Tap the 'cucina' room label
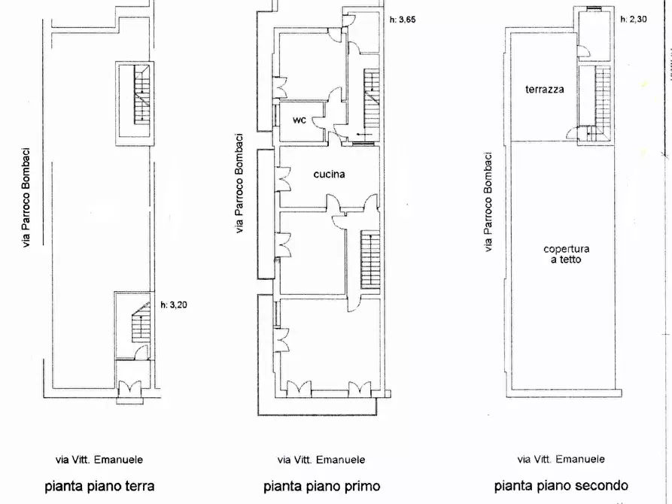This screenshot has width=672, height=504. (x=329, y=174)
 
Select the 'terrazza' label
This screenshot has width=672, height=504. (x=545, y=89)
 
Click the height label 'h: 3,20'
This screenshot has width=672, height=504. (x=175, y=305)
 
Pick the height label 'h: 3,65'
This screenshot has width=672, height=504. (x=402, y=20)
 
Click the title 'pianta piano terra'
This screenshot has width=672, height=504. (x=99, y=485)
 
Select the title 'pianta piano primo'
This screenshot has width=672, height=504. (x=321, y=485)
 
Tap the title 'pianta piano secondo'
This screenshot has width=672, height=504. (x=561, y=485)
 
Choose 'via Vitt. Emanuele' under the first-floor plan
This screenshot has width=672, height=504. (x=321, y=459)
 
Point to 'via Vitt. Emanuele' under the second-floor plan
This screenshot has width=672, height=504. (x=561, y=459)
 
